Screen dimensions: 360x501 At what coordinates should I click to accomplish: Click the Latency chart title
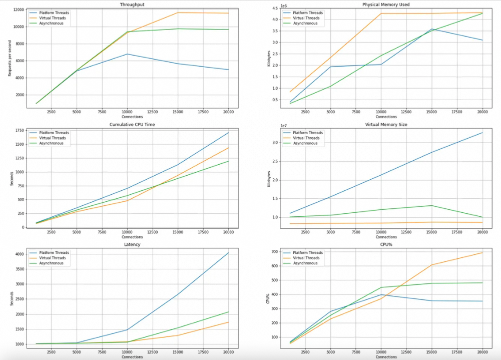pos(132,244)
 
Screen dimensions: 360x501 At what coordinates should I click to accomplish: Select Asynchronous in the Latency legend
pos(53,263)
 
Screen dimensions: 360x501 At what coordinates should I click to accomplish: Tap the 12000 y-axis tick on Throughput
pos(19,10)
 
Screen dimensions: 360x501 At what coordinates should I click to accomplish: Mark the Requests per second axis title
pos(9,57)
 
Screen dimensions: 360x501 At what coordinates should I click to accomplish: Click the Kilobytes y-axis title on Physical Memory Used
pos(268,57)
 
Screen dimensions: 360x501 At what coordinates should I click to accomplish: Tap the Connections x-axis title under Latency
pos(132,357)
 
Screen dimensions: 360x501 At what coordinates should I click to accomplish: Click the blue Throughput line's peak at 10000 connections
pos(128,54)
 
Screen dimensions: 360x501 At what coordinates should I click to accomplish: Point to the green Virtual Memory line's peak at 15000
pos(432,205)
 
